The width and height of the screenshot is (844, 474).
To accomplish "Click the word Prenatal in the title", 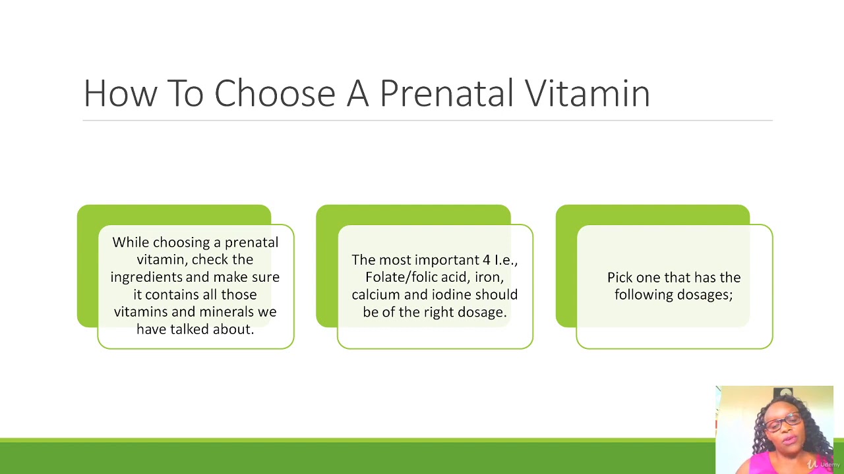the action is tap(446, 93).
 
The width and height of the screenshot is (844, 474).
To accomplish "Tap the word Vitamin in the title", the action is tap(588, 93).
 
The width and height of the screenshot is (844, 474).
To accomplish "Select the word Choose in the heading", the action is tap(275, 93).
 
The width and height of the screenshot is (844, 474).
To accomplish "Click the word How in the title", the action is tap(120, 93).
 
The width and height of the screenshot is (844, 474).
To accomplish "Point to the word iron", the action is tap(489, 278).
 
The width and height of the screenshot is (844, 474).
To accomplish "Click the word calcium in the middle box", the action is tap(375, 294).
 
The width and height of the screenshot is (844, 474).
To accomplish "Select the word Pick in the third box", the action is tap(620, 278).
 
